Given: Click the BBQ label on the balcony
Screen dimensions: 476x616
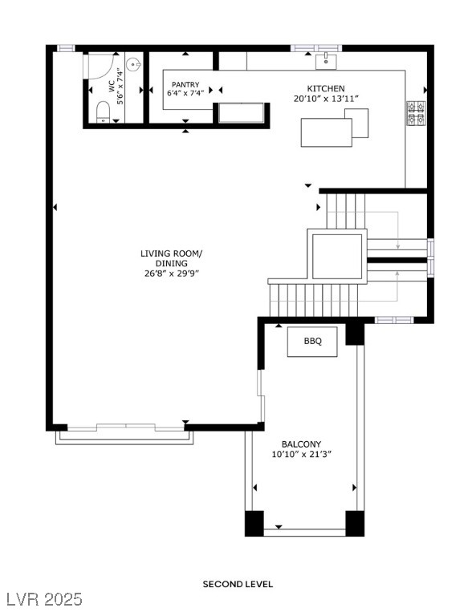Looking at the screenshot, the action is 312,341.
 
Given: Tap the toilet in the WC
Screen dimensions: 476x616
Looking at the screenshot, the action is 103,112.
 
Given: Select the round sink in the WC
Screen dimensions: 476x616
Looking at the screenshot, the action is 133,63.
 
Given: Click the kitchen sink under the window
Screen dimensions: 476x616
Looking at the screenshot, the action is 326,62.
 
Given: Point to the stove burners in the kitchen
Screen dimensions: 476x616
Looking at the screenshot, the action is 416,113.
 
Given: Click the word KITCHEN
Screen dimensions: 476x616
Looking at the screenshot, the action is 326,88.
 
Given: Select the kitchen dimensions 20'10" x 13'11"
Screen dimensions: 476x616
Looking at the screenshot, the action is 326,99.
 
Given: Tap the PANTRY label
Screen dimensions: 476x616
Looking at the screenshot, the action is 185,84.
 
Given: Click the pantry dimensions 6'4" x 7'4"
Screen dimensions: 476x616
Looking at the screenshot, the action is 185,93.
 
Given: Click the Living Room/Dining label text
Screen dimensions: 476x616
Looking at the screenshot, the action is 171,258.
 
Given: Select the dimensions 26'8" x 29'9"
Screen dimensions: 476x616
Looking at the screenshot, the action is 171,274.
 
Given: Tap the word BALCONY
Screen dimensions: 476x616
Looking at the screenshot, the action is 302,444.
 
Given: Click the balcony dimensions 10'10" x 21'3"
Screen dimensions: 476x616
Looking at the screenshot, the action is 302,455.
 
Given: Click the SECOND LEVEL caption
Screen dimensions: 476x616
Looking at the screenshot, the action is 238,584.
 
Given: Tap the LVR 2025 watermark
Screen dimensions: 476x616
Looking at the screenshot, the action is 41,599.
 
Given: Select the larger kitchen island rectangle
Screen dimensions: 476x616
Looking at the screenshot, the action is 326,132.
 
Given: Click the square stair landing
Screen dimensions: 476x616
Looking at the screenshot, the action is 337,256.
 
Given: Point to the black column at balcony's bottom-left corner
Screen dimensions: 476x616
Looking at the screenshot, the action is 254,523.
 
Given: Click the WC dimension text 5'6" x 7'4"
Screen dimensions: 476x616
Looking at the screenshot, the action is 120,87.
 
